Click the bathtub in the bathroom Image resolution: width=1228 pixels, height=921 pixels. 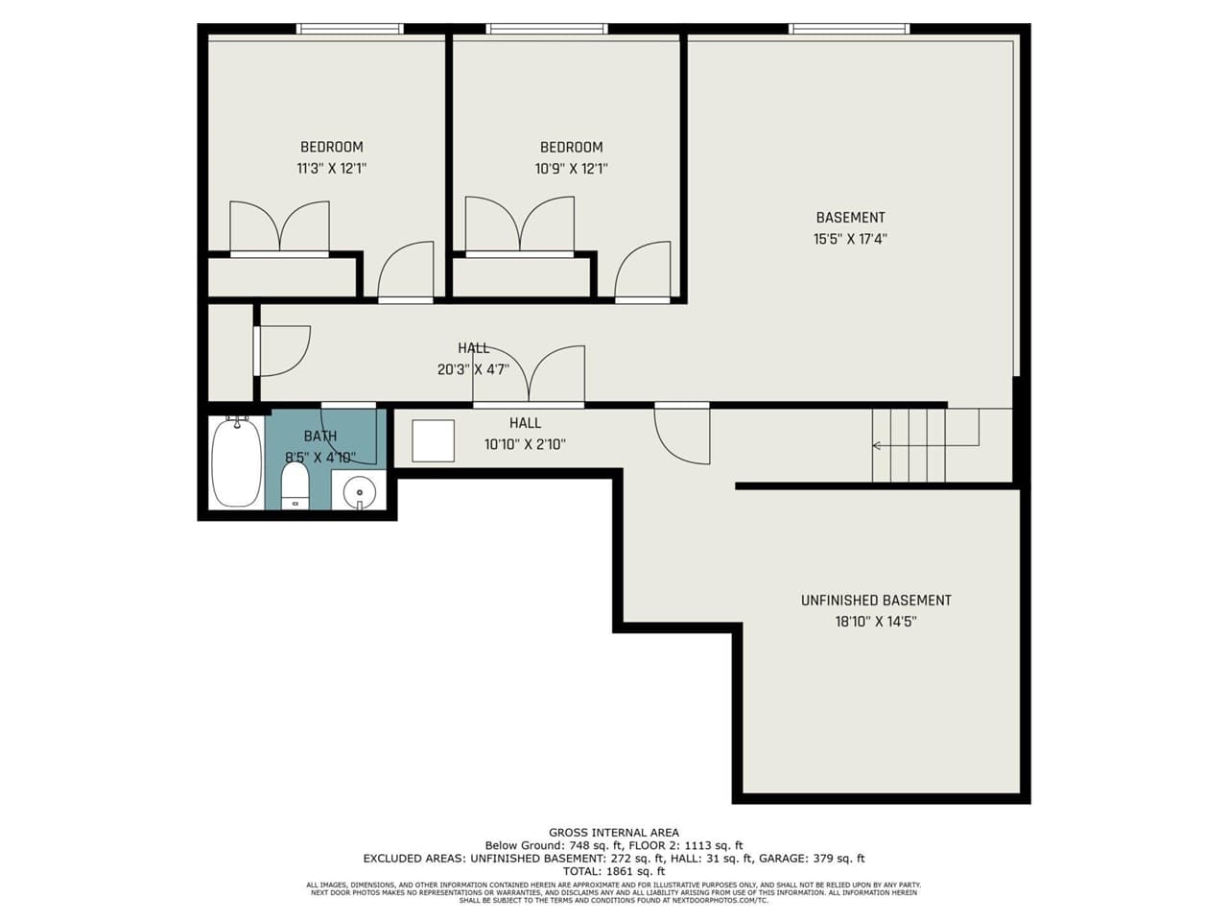(x=236, y=461)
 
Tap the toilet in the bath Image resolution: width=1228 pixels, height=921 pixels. (x=295, y=485)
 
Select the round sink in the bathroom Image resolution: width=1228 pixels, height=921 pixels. (x=360, y=492)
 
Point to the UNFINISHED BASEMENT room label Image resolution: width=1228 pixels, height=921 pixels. (x=876, y=601)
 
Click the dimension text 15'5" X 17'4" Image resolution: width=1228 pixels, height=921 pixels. (x=850, y=239)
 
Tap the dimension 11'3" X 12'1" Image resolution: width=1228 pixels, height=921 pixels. (x=332, y=169)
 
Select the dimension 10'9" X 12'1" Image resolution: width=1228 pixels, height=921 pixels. (x=572, y=169)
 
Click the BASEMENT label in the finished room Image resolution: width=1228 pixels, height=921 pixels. (x=850, y=218)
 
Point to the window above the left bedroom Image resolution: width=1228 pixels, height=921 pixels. (x=350, y=29)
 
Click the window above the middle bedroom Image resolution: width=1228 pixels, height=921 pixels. (x=548, y=29)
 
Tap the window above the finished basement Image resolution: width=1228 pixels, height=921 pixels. (x=849, y=29)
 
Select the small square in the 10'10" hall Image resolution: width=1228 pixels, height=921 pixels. (x=433, y=441)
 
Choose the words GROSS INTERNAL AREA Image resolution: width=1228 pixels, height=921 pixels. (x=614, y=833)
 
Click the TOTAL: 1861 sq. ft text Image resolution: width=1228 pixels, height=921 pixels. (x=614, y=871)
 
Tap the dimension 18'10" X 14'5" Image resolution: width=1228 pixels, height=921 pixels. (x=876, y=622)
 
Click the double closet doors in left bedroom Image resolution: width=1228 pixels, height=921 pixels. (x=279, y=228)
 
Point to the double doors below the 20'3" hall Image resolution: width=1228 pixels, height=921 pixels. (x=529, y=376)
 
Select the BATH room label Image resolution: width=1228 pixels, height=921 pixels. (x=320, y=437)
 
